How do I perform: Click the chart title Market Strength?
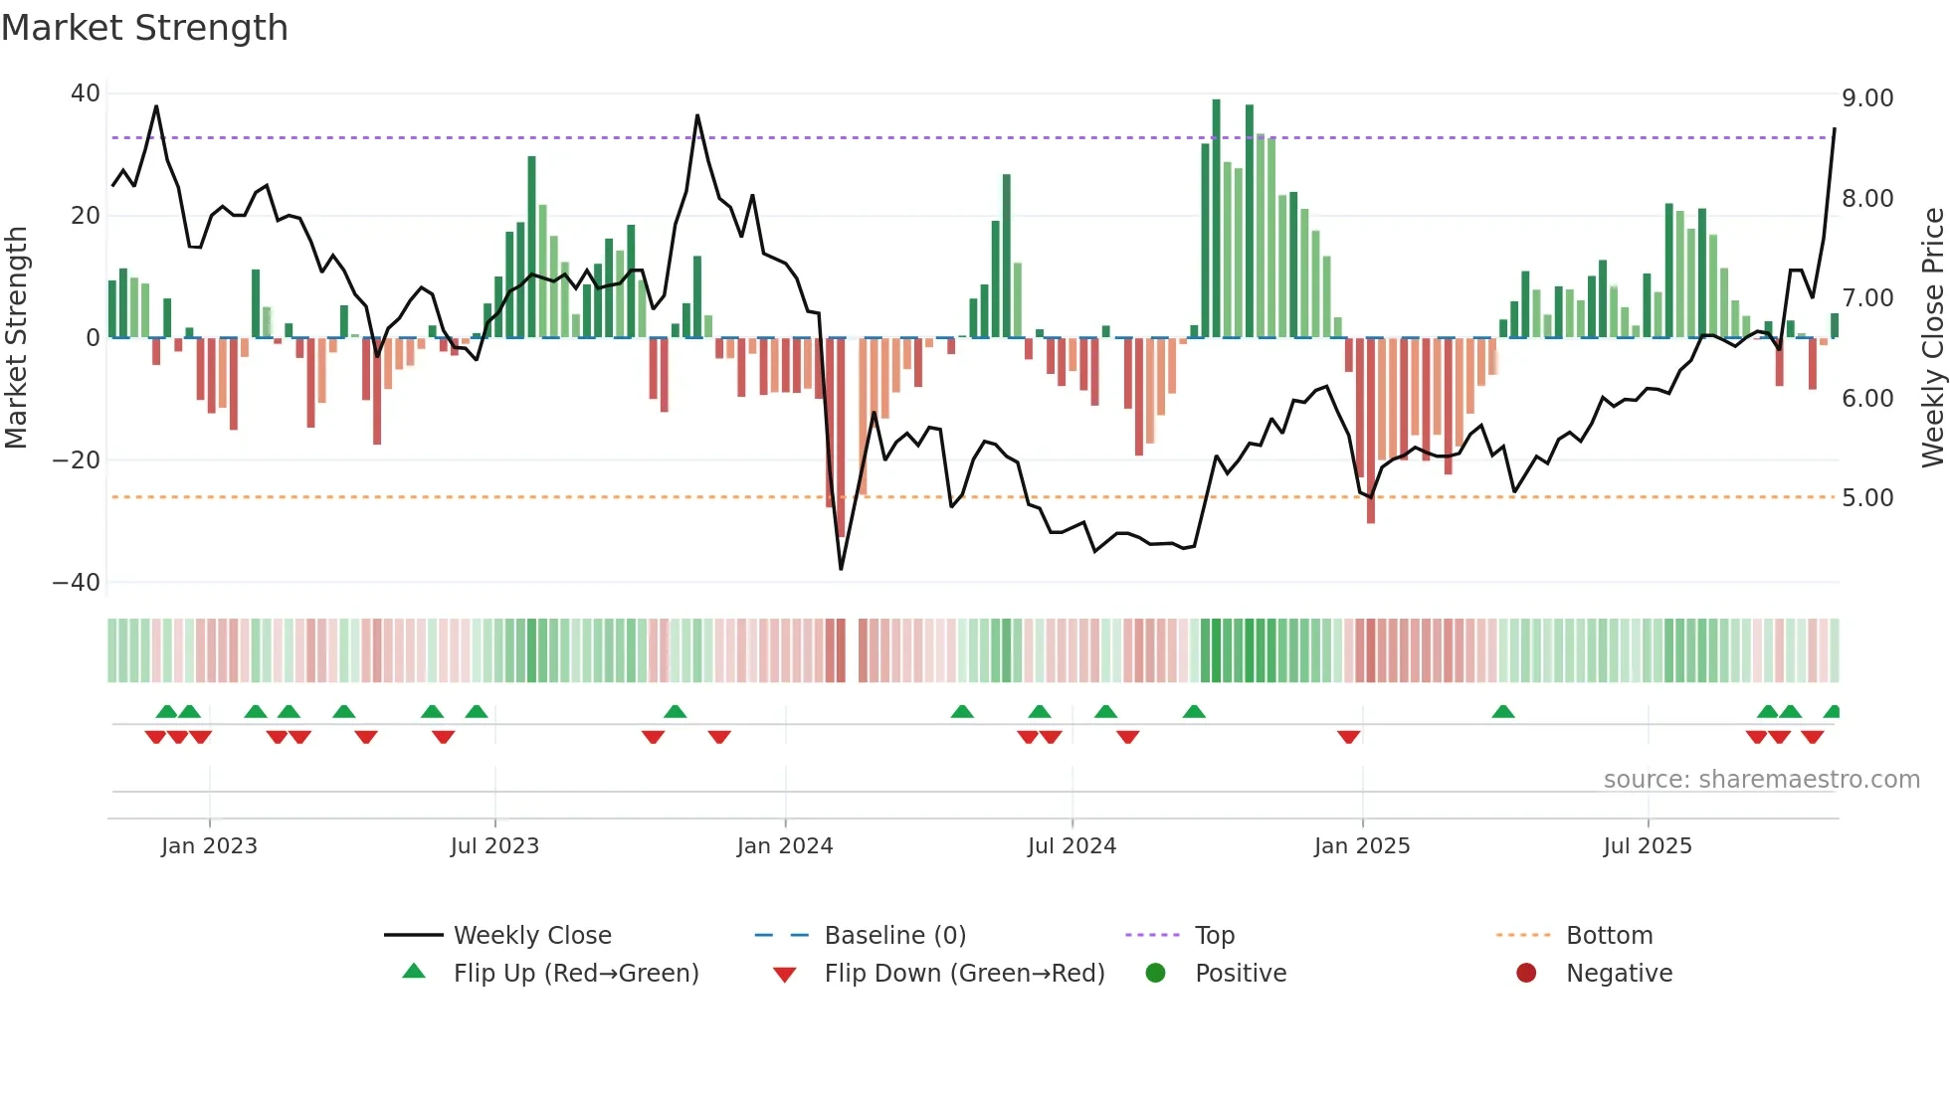click(144, 28)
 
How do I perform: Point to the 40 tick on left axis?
click(86, 93)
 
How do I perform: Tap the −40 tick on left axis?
click(77, 583)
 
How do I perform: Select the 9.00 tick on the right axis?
click(1867, 98)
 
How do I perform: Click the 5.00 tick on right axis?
click(1867, 498)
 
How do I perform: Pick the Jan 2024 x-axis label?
click(785, 846)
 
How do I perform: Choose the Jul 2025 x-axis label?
click(1648, 846)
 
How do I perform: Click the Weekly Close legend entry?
click(532, 936)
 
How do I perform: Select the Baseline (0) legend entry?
click(894, 936)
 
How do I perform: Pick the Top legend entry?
click(1215, 936)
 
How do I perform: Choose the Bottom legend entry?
click(1609, 936)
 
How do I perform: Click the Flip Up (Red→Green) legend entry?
click(576, 974)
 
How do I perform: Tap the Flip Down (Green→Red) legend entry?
click(964, 974)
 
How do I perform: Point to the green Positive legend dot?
click(1155, 973)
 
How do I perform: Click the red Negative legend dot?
click(1526, 973)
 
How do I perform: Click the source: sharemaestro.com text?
click(1761, 780)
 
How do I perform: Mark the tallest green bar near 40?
click(1216, 219)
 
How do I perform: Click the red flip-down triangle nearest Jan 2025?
click(1348, 737)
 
